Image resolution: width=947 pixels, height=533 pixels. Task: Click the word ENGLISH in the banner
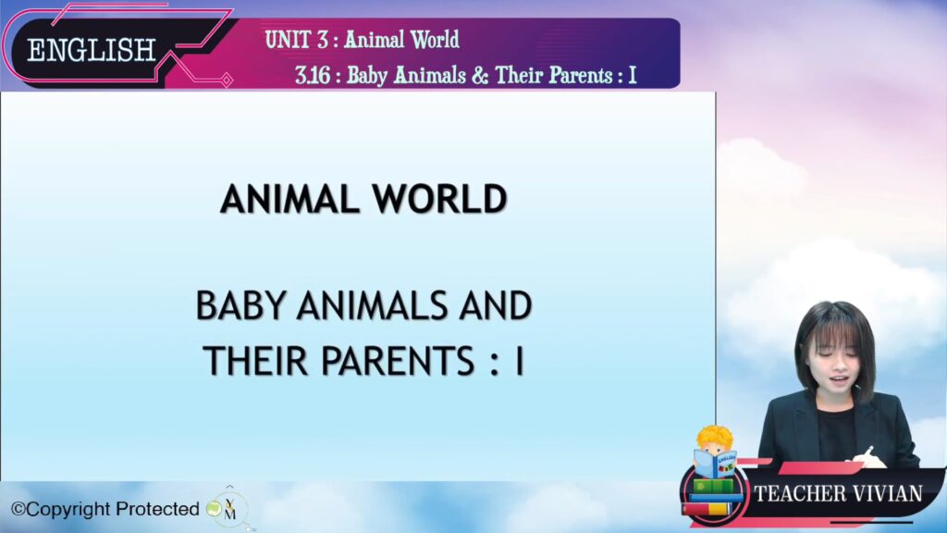click(x=92, y=50)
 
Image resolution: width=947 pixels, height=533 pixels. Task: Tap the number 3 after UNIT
click(x=323, y=39)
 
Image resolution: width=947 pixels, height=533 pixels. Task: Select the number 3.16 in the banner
click(x=313, y=76)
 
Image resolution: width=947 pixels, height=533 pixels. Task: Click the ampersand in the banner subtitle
click(x=480, y=76)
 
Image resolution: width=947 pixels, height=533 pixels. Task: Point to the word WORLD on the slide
click(x=439, y=199)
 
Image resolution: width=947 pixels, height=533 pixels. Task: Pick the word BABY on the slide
click(x=240, y=305)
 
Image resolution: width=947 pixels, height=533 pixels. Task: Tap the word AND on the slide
click(x=496, y=305)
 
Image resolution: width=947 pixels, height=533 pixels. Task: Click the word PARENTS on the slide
click(x=398, y=361)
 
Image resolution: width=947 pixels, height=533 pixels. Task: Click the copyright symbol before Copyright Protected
click(x=18, y=510)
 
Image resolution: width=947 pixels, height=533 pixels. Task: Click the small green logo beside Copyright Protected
click(x=214, y=508)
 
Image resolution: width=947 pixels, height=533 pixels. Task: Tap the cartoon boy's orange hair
click(x=715, y=437)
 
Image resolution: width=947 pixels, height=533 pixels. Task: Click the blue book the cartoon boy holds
click(x=715, y=465)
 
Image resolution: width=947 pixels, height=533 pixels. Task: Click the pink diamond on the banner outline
click(x=227, y=80)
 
